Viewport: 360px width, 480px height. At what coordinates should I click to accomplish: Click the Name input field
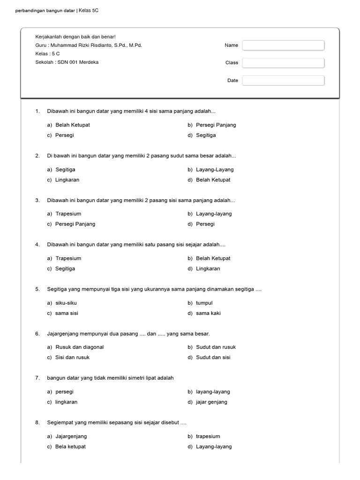pyautogui.click(x=283, y=45)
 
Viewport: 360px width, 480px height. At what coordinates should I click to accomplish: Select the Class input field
pyautogui.click(x=283, y=63)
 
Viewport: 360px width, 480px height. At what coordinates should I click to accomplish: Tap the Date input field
pyautogui.click(x=283, y=81)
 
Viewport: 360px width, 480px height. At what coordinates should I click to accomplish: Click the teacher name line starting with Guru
pyautogui.click(x=89, y=45)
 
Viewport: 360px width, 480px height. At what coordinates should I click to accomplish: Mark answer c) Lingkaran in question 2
pyautogui.click(x=66, y=180)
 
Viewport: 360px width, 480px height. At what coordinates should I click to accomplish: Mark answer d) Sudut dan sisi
pyautogui.click(x=213, y=357)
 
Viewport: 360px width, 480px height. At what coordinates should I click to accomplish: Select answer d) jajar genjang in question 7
pyautogui.click(x=211, y=402)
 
